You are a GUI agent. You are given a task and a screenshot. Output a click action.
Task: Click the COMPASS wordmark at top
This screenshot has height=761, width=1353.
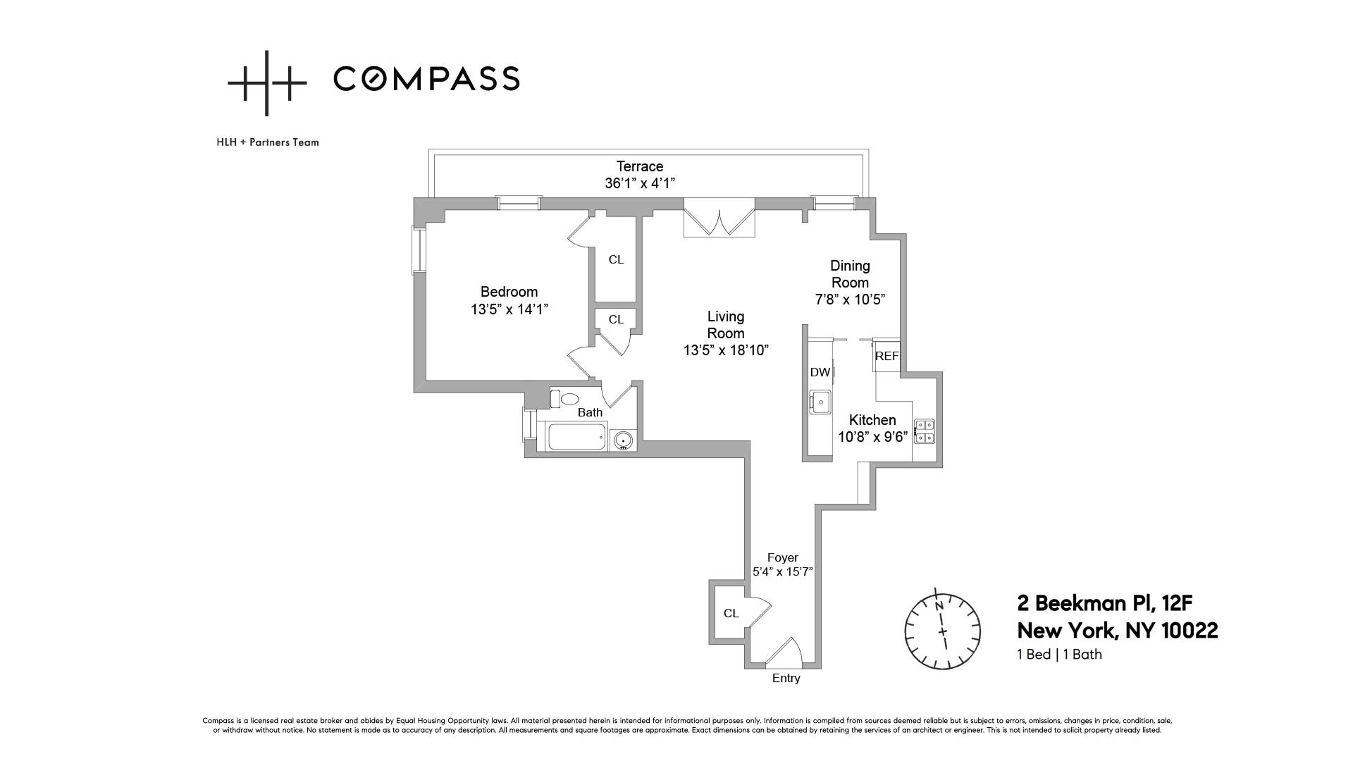pyautogui.click(x=426, y=78)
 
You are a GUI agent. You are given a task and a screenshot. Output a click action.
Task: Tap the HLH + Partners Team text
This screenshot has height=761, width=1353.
pyautogui.click(x=268, y=142)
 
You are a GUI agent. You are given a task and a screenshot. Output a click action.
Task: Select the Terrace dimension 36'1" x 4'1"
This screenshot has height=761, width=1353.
pyautogui.click(x=640, y=184)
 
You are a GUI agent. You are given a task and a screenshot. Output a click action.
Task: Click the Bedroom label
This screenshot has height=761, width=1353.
pyautogui.click(x=509, y=292)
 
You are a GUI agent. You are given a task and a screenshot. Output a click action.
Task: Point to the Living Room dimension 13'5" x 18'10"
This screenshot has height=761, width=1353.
pyautogui.click(x=725, y=350)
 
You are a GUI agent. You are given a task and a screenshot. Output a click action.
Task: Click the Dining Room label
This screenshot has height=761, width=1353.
pyautogui.click(x=850, y=274)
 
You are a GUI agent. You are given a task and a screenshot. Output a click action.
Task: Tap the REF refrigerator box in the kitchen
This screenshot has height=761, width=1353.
pyautogui.click(x=886, y=356)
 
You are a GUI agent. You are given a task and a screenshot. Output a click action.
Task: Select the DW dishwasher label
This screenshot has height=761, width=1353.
pyautogui.click(x=820, y=373)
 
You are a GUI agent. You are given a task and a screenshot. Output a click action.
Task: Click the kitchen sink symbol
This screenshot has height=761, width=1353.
pyautogui.click(x=820, y=402)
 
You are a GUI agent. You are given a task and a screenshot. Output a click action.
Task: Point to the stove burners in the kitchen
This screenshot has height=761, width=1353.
pyautogui.click(x=924, y=431)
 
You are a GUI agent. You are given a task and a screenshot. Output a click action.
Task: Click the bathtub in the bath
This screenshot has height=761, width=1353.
pyautogui.click(x=577, y=437)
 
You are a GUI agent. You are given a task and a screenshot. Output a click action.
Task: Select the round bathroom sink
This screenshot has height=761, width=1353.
pyautogui.click(x=622, y=441)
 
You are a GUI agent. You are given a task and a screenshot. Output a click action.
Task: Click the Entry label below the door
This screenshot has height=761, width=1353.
pyautogui.click(x=786, y=678)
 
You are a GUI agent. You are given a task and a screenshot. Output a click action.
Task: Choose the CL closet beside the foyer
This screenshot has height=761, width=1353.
pyautogui.click(x=731, y=613)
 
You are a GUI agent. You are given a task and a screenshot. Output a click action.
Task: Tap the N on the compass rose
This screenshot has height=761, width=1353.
pyautogui.click(x=938, y=606)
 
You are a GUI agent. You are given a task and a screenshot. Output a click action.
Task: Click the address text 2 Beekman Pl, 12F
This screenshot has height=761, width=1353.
pyautogui.click(x=1104, y=603)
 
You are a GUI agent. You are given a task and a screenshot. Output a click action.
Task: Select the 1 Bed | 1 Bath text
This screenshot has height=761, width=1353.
pyautogui.click(x=1059, y=654)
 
